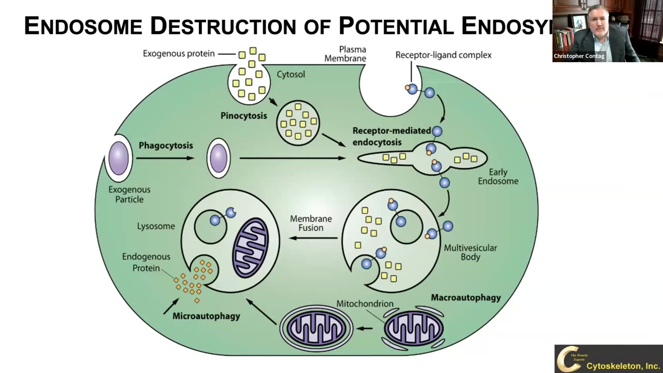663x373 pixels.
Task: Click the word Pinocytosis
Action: coord(243,116)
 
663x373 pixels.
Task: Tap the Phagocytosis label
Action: coord(166,146)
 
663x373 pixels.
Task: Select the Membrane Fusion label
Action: coord(311,223)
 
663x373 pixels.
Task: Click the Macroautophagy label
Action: coord(466,298)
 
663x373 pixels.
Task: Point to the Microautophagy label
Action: coord(206,316)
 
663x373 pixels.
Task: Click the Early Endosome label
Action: coord(498,177)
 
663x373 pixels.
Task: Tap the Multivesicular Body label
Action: coord(470,252)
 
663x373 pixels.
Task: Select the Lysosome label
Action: coord(156,226)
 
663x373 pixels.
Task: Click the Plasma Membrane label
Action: coord(345,54)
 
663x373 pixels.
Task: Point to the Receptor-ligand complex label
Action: coord(443,55)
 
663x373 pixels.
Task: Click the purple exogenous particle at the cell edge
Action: coord(119,157)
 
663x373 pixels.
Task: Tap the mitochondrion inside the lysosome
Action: coord(251,247)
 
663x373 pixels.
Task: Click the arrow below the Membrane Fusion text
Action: coord(313,238)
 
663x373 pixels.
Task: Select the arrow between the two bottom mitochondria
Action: coord(365,328)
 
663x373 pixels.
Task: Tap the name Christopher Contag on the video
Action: coord(579,56)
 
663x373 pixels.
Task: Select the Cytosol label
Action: coord(291,75)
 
